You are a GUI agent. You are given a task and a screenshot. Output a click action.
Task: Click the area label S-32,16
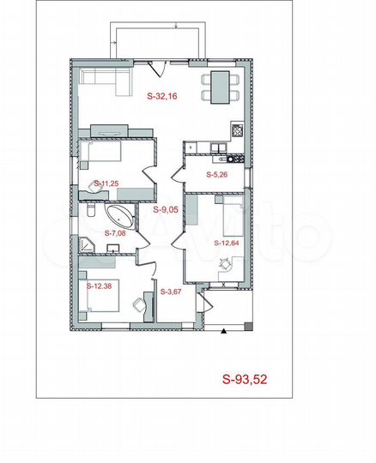(x=162, y=96)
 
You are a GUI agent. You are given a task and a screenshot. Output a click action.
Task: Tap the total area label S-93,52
(x=245, y=379)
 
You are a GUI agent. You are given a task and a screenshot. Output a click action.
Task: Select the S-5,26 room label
(x=216, y=175)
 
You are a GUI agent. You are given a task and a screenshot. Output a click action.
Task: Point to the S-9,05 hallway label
(x=166, y=210)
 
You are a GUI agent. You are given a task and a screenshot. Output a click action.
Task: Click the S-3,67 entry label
(x=171, y=292)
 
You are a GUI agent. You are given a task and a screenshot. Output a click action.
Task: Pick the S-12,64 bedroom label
(x=226, y=243)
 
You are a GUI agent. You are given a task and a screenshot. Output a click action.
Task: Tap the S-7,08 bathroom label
(x=115, y=233)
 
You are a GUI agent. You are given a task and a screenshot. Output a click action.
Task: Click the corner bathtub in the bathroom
(x=121, y=217)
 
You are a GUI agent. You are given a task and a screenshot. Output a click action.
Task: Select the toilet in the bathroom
(x=91, y=210)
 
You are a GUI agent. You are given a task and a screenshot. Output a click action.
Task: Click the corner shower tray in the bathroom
(x=86, y=244)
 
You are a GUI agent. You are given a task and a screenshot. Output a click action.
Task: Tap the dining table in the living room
(x=220, y=87)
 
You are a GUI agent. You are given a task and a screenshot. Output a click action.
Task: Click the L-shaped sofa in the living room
(x=106, y=81)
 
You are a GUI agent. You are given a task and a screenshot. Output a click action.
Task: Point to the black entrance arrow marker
(x=224, y=331)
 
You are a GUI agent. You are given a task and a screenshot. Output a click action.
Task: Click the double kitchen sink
(x=218, y=147)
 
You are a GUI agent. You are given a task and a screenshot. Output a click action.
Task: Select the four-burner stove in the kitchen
(x=237, y=130)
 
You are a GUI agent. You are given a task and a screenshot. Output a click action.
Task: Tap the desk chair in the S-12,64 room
(x=225, y=263)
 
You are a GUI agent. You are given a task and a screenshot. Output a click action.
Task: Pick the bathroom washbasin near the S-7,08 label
(x=113, y=249)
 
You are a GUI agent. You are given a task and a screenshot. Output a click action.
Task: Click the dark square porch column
(x=249, y=326)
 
